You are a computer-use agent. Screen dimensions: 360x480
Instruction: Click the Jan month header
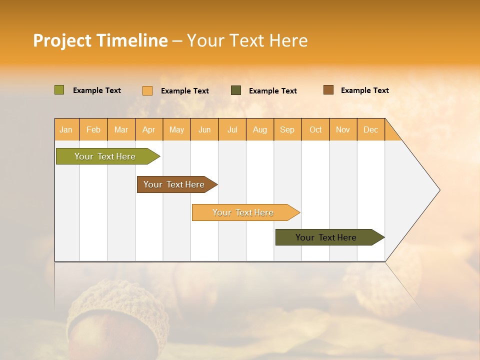66,129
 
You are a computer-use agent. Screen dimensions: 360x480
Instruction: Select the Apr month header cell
148,129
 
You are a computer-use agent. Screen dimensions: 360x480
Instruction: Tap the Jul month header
232,129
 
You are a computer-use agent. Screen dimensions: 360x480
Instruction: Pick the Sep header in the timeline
287,129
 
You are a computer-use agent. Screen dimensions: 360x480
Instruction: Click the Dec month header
370,129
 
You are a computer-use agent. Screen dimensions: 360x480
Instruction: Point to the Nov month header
342,129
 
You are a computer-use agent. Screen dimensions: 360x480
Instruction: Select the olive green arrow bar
105,156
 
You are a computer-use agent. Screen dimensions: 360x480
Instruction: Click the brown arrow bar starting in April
174,184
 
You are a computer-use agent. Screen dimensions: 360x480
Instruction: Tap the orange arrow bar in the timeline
243,212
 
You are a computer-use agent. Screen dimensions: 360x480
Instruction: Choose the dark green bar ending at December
326,237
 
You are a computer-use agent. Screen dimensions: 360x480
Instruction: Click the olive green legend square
59,90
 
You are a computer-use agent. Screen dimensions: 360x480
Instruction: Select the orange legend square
147,90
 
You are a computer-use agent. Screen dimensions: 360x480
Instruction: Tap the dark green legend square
236,90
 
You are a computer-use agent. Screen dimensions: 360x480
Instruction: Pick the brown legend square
328,89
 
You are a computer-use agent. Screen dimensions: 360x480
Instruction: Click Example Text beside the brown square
364,90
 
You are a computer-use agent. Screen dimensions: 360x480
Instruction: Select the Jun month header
204,129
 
